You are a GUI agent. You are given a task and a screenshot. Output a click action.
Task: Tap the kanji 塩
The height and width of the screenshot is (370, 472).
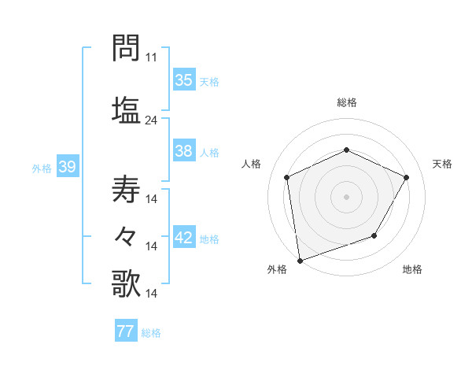pyautogui.click(x=126, y=109)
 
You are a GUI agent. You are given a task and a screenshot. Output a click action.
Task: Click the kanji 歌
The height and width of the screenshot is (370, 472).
pyautogui.click(x=126, y=283)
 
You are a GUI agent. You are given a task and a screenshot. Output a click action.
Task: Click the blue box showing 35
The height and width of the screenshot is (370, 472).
pyautogui.click(x=184, y=80)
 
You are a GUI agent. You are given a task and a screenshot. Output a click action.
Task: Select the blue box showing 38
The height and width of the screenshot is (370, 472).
pyautogui.click(x=184, y=151)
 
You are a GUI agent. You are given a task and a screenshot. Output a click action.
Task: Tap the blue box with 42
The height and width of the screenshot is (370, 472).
pyautogui.click(x=184, y=238)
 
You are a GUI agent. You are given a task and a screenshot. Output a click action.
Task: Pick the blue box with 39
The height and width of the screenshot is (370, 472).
pyautogui.click(x=67, y=167)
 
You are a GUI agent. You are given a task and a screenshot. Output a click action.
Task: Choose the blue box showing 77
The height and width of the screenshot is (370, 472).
pyautogui.click(x=126, y=331)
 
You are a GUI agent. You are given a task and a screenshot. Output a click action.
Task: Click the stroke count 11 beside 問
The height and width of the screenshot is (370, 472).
pyautogui.click(x=152, y=57)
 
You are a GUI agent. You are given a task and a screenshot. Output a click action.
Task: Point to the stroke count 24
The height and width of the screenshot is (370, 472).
pyautogui.click(x=152, y=120)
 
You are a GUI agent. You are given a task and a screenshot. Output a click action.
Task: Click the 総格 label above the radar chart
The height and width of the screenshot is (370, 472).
pyautogui.click(x=347, y=102)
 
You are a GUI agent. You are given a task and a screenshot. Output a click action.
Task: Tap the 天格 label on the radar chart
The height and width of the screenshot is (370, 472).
pyautogui.click(x=442, y=164)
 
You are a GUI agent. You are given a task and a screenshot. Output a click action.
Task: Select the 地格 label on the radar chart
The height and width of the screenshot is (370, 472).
pyautogui.click(x=412, y=269)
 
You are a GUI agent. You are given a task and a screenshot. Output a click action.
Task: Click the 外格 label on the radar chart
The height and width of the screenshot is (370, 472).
pyautogui.click(x=277, y=269)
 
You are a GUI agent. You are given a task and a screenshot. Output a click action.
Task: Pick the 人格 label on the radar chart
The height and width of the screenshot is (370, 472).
pyautogui.click(x=252, y=164)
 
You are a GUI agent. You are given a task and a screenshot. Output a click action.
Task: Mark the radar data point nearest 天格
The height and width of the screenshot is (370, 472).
pyautogui.click(x=407, y=177)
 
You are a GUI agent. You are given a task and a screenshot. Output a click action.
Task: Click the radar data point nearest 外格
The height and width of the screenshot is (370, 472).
pyautogui.click(x=300, y=260)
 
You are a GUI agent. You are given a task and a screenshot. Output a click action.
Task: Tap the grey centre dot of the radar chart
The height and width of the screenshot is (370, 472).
pyautogui.click(x=347, y=196)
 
